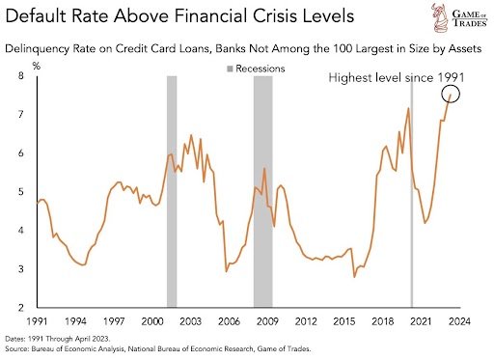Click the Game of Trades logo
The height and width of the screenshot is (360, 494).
click(x=459, y=17)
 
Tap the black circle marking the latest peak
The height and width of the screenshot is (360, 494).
click(x=451, y=85)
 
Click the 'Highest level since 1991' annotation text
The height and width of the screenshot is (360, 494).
click(x=397, y=77)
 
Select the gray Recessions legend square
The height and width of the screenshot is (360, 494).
click(x=230, y=69)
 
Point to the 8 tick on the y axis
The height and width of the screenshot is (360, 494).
click(x=21, y=76)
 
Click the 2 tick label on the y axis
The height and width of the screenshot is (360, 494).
click(x=21, y=308)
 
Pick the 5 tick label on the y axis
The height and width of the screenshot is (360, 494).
click(x=21, y=192)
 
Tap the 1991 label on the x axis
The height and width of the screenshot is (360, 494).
click(x=37, y=321)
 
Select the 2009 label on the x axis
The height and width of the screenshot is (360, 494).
click(x=267, y=321)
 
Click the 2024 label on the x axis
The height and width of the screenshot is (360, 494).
click(x=459, y=321)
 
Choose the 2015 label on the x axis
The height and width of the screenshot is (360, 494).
click(x=344, y=321)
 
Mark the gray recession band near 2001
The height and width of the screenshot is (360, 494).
click(x=172, y=192)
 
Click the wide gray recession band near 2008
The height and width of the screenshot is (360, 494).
click(x=263, y=192)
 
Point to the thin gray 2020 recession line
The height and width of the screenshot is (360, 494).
click(x=412, y=192)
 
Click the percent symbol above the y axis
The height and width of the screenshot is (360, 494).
click(x=37, y=67)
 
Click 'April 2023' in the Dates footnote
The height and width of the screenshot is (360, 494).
click(x=93, y=339)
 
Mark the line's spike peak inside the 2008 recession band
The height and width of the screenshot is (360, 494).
click(x=264, y=168)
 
